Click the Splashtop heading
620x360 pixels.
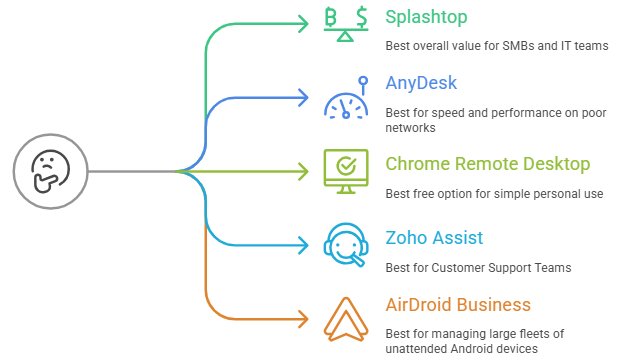(x=427, y=18)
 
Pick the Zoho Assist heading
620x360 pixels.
(x=434, y=238)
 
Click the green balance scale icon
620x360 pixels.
(x=346, y=23)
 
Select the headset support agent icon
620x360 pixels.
(x=346, y=245)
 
